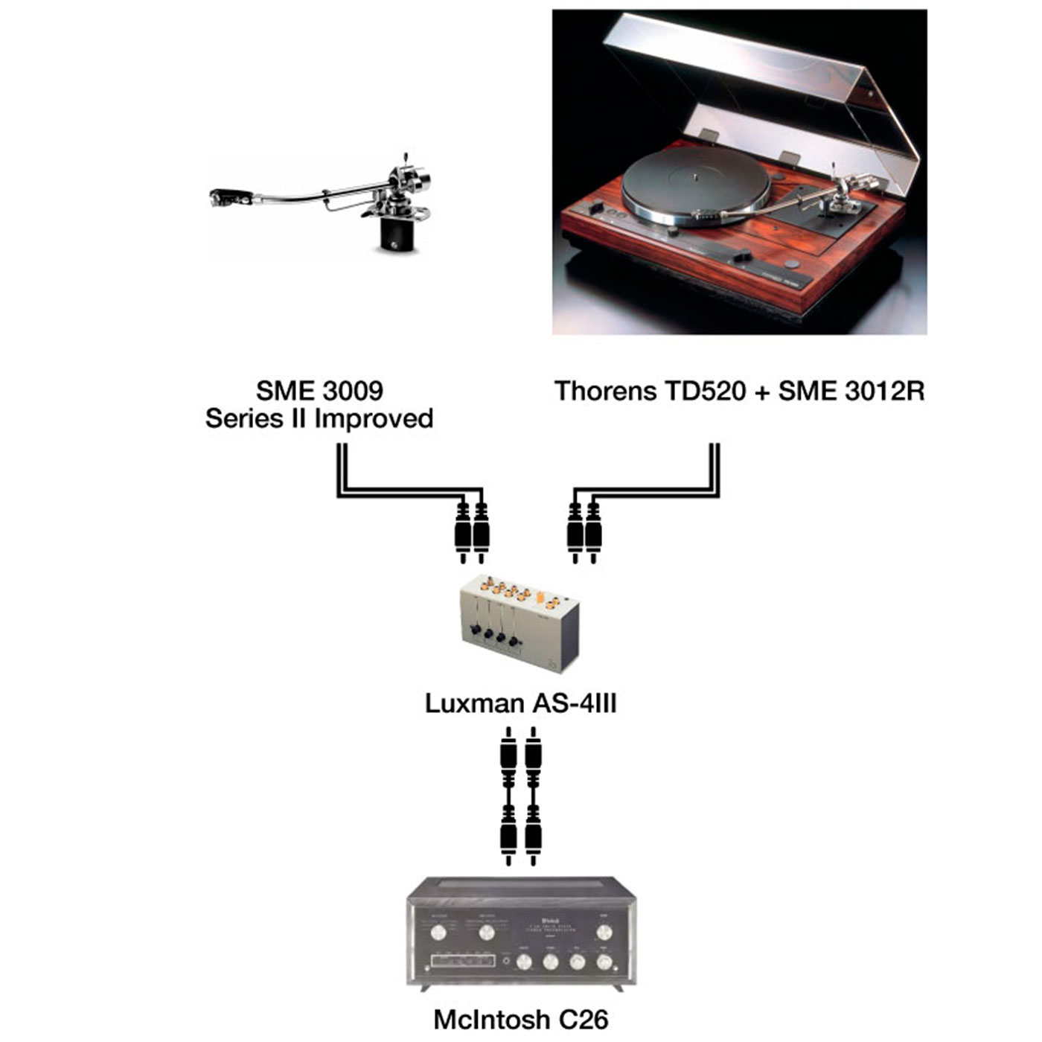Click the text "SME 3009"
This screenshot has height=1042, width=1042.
point(319,391)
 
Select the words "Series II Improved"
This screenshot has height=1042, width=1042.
point(319,419)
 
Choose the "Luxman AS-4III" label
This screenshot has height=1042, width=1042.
point(520,703)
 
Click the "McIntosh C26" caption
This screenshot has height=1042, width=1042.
point(520,1019)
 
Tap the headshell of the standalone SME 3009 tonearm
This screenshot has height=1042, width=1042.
point(222,197)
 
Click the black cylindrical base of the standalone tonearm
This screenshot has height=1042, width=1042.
point(396,234)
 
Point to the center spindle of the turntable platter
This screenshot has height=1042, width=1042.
point(694,177)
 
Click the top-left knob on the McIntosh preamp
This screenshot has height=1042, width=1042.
point(438,933)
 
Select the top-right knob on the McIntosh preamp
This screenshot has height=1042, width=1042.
point(604,933)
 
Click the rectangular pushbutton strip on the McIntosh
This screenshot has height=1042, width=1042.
point(463,961)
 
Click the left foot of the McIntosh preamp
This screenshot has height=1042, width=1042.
point(425,988)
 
